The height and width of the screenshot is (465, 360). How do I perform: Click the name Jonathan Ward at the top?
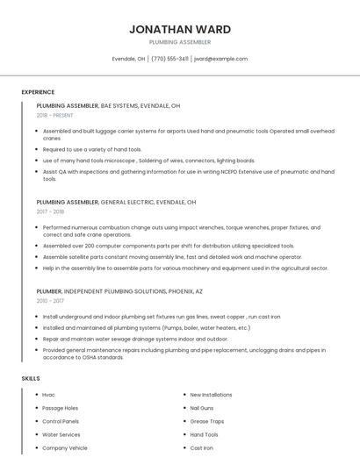tap(179, 28)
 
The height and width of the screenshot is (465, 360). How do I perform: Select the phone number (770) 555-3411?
tap(169, 59)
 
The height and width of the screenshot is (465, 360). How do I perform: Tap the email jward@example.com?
tap(220, 59)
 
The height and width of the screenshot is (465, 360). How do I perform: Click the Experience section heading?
tap(38, 92)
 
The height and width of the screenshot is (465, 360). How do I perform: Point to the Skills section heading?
tap(30, 378)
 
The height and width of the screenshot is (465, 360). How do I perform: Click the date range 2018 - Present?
tap(54, 115)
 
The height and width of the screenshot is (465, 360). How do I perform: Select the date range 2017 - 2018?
tap(50, 211)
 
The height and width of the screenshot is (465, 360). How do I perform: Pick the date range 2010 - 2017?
tap(50, 300)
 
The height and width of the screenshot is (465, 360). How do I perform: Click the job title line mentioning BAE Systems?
tap(108, 105)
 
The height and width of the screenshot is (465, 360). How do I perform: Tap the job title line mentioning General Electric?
tap(116, 202)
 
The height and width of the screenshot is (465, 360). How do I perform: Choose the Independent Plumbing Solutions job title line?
tap(119, 290)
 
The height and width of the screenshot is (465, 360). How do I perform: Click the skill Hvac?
tap(48, 395)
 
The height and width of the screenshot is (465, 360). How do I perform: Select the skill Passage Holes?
tap(60, 408)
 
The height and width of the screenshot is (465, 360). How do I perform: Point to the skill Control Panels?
tap(61, 421)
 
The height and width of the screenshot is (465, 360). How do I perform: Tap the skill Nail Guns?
tap(202, 408)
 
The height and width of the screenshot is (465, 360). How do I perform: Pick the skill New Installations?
tap(211, 395)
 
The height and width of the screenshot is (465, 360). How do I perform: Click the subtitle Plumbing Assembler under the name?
tap(179, 41)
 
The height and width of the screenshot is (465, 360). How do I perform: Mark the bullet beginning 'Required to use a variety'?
tap(92, 149)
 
